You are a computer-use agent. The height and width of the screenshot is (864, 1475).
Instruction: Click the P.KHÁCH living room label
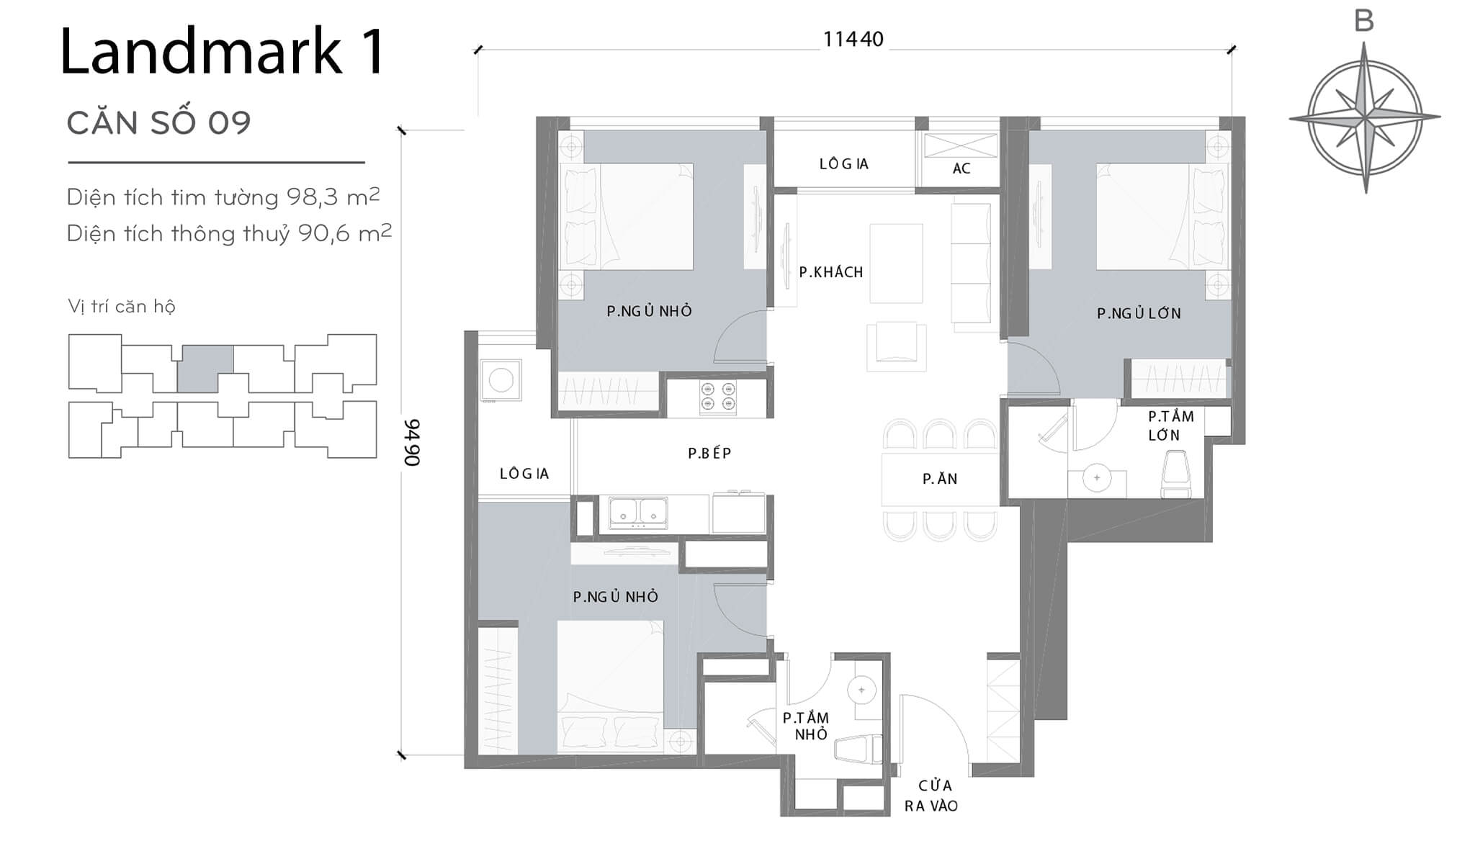coord(830,272)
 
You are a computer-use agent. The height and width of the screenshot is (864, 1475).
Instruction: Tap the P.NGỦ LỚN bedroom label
coord(1139,313)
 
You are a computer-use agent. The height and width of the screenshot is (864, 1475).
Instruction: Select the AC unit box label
coord(961,168)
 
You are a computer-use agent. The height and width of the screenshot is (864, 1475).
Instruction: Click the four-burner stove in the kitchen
coord(718,397)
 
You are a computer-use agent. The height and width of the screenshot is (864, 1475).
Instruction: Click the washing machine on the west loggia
coord(501,379)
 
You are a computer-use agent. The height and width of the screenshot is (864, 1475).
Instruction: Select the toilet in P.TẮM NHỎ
coord(858,749)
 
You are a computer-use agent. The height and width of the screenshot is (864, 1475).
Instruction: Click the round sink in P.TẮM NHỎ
coord(861,690)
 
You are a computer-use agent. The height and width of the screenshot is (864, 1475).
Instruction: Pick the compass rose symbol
coord(1364,117)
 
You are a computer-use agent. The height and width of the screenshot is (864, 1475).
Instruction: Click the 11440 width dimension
coord(853,39)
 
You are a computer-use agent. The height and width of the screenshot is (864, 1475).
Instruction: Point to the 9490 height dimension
coord(411,442)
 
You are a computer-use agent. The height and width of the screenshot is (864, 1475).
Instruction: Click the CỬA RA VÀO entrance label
coord(932,796)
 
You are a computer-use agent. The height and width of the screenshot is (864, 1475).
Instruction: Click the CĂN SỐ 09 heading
coord(158,123)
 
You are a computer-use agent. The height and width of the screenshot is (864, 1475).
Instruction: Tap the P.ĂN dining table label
coord(940,479)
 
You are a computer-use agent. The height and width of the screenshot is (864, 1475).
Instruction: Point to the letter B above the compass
coord(1364,22)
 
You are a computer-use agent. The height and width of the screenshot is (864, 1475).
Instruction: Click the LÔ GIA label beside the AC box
coord(843,164)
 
